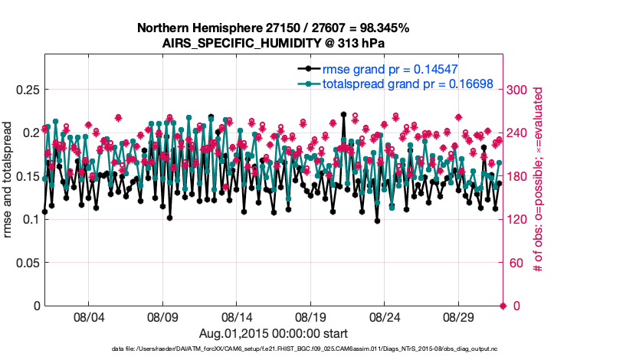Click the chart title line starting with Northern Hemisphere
point(273,28)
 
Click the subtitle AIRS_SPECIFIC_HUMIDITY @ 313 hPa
point(273,42)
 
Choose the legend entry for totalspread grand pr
point(407,83)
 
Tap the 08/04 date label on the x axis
point(88,316)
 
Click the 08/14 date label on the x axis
point(237,316)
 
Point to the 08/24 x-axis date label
point(385,316)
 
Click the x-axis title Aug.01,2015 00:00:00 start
point(274,333)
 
